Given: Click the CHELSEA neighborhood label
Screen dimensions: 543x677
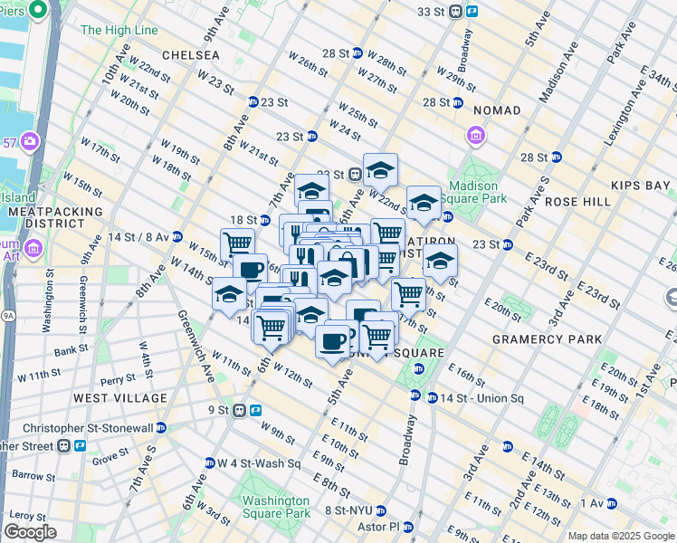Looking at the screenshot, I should click(x=190, y=55).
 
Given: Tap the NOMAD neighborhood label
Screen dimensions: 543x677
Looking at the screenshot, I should click(x=496, y=110).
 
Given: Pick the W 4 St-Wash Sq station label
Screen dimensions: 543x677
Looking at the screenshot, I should click(x=258, y=463).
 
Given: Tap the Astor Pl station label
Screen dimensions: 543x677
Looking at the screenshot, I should click(x=380, y=527).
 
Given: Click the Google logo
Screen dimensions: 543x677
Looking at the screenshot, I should click(x=30, y=532).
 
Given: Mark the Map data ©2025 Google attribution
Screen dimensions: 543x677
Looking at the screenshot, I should click(x=621, y=536).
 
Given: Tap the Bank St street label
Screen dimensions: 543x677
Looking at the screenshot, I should click(x=96, y=350).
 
